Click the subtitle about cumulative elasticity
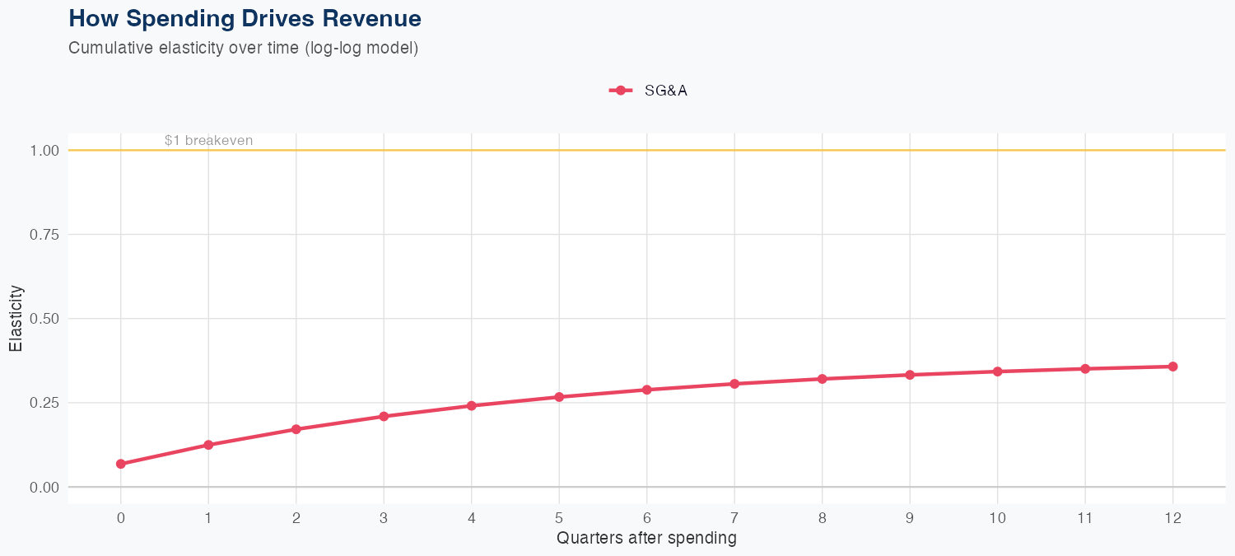(244, 48)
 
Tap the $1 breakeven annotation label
(208, 140)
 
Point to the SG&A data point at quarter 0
(121, 464)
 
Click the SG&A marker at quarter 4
(472, 405)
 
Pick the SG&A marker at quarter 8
(822, 379)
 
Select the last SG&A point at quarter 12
(1172, 367)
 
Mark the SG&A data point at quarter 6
(647, 390)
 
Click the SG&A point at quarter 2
(296, 429)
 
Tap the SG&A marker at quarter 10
(997, 371)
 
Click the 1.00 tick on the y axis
(44, 151)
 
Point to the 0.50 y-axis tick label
(44, 319)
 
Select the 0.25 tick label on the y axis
(44, 403)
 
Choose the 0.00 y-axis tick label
(44, 488)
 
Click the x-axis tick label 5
(559, 518)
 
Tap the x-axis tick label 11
(1085, 518)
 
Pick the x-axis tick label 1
(208, 518)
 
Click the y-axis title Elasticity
(16, 318)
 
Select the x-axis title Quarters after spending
(646, 539)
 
